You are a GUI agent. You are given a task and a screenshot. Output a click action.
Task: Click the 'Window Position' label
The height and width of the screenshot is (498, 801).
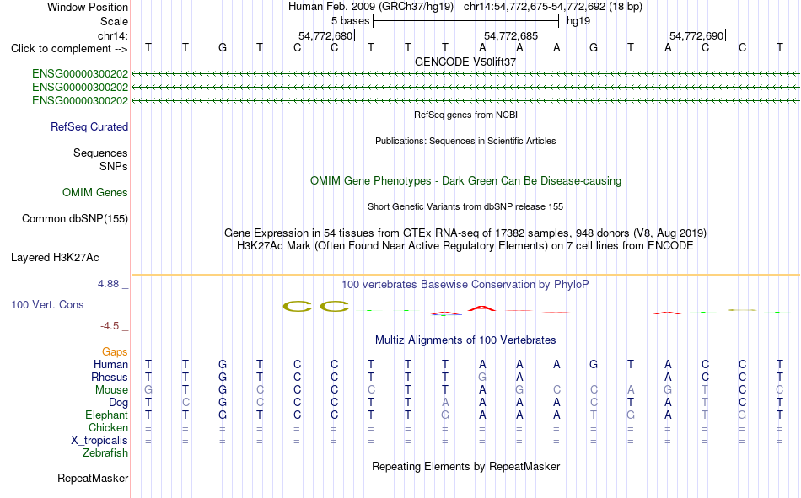pos(88,7)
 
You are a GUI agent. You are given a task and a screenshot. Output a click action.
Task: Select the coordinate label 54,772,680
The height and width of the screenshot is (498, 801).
pos(325,35)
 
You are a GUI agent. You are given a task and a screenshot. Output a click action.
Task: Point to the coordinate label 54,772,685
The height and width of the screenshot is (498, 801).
pos(511,35)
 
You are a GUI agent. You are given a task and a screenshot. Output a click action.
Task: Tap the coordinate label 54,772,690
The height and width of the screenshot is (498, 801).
pos(696,35)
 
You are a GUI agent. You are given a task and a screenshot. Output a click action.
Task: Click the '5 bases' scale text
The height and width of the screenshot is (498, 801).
pos(350,21)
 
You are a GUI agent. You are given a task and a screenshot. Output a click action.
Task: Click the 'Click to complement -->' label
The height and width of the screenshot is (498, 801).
pos(69,49)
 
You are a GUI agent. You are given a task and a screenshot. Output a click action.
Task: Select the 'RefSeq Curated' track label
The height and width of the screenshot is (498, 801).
pos(89,126)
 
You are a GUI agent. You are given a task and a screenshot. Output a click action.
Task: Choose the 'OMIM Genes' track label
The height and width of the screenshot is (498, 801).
pos(95,193)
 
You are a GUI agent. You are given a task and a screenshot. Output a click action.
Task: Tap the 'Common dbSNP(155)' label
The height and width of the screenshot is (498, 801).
pos(75,218)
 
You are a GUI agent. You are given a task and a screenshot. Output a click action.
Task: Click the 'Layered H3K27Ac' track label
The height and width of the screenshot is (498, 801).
pos(55,258)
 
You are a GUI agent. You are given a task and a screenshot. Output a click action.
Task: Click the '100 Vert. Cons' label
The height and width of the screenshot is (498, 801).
pos(47,304)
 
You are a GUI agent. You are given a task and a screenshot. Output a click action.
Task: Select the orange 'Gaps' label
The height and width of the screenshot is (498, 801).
pos(115,352)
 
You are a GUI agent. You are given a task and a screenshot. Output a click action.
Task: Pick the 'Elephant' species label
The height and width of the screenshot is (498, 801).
pos(107,415)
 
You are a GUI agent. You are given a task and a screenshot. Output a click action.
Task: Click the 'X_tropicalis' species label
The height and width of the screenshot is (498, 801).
pos(99,441)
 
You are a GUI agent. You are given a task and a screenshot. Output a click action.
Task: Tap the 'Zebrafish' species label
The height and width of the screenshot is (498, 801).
pos(105,453)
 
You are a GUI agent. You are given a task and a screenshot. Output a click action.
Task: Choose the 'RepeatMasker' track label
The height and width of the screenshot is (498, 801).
pos(93,478)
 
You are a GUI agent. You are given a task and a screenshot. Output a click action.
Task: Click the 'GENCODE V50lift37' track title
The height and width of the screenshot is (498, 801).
pos(465,62)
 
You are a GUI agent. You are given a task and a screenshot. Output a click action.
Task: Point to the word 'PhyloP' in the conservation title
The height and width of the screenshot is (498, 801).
pos(571,285)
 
